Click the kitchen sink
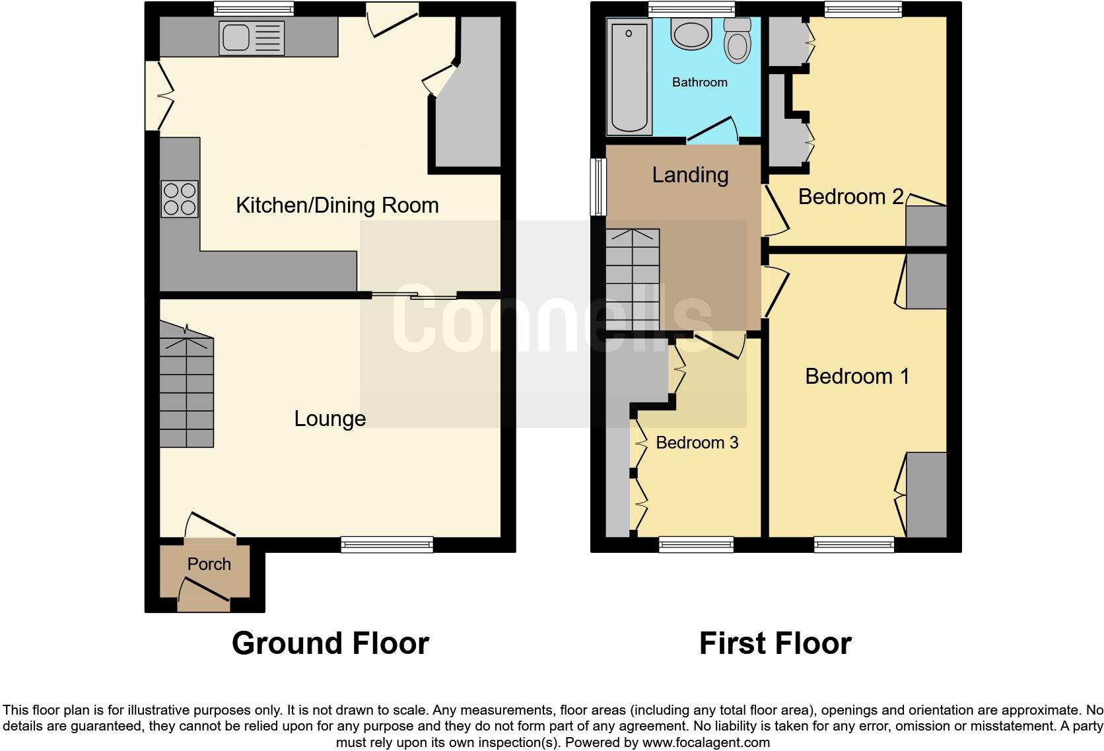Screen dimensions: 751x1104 [x=252, y=38]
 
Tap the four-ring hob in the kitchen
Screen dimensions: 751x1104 [x=180, y=199]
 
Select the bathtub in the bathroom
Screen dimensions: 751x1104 [x=629, y=76]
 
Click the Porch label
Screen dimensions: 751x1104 [x=209, y=564]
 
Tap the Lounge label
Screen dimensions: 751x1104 [x=329, y=419]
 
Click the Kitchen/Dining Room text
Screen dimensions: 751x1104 [x=337, y=205]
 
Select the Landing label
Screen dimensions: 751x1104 [x=690, y=175]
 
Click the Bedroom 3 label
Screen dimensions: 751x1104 [x=697, y=443]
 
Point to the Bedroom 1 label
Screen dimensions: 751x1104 [x=857, y=376]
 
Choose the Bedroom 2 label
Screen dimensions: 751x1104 [x=850, y=197]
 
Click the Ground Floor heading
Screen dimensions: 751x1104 [x=330, y=643]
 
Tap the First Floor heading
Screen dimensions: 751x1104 [x=775, y=643]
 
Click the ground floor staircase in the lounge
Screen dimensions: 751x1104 [x=186, y=390]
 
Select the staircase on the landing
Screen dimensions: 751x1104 [x=633, y=281]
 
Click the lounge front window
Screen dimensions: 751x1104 [x=387, y=544]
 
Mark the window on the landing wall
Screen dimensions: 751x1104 [x=598, y=187]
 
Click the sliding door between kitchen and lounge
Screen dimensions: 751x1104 [x=414, y=295]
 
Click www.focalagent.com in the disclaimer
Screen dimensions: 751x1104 [x=706, y=742]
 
